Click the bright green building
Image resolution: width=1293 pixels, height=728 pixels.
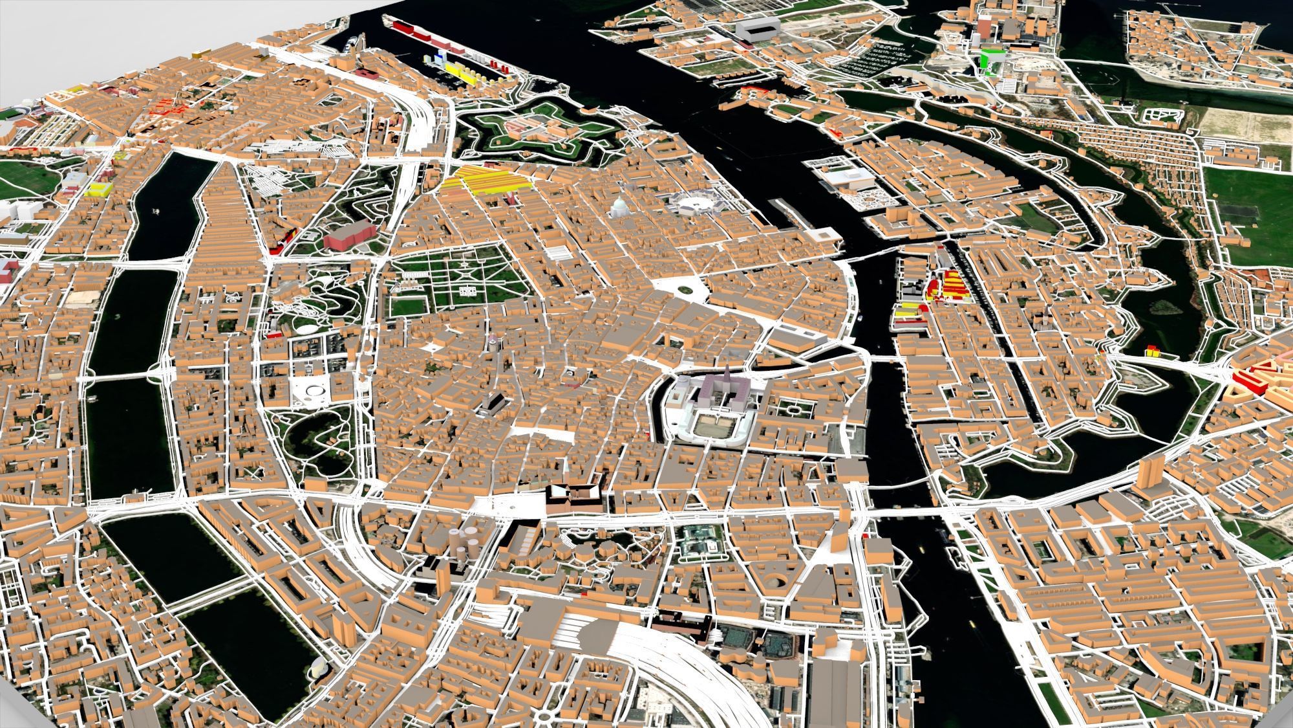pyautogui.click(x=988, y=60)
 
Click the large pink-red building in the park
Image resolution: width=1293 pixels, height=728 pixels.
pyautogui.click(x=349, y=235)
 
